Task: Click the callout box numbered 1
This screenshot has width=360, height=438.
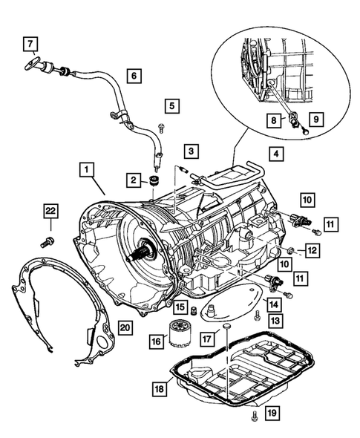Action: [x=88, y=170]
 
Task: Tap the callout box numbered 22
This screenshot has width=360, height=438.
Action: [x=50, y=212]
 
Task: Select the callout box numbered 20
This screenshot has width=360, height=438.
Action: [x=124, y=327]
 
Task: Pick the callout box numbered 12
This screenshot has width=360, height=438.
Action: [x=312, y=252]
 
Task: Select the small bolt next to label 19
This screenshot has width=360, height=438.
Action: [x=255, y=416]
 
